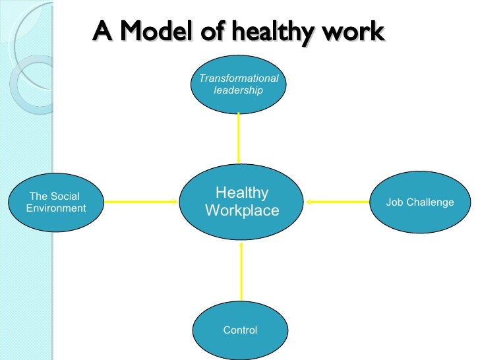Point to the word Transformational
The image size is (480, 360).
click(239, 78)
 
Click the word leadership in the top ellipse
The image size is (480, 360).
click(239, 90)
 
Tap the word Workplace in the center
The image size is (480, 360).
click(242, 210)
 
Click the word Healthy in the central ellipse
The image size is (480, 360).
click(242, 193)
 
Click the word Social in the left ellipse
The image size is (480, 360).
click(63, 196)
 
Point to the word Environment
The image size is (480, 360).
click(57, 208)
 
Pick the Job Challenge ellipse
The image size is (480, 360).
click(420, 202)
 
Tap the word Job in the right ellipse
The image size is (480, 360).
click(394, 202)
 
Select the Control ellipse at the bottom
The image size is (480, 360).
click(240, 330)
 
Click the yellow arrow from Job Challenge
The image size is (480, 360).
click(339, 202)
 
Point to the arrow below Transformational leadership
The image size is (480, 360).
click(239, 138)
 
